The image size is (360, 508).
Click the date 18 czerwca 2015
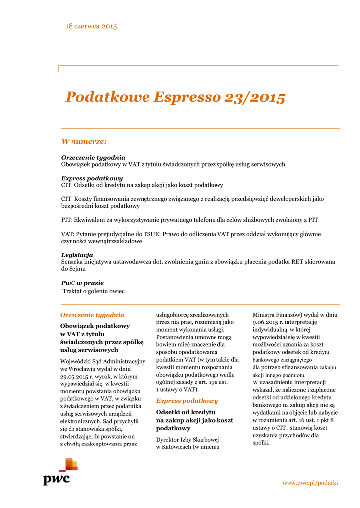[91, 26]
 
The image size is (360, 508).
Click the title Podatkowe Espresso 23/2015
[175, 97]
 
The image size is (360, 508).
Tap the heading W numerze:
[83, 142]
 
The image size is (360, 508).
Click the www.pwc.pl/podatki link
[310, 483]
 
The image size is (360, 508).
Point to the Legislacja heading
[77, 255]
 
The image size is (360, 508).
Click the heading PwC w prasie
[82, 283]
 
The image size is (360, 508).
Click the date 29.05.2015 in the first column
[75, 377]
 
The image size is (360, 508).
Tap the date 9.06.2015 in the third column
[268, 322]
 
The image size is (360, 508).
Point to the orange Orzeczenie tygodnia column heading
[92, 315]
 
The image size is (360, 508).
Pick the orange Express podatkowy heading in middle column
[187, 400]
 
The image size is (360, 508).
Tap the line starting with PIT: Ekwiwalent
[189, 220]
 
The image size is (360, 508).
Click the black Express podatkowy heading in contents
[92, 178]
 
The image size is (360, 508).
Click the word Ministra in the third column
[266, 315]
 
